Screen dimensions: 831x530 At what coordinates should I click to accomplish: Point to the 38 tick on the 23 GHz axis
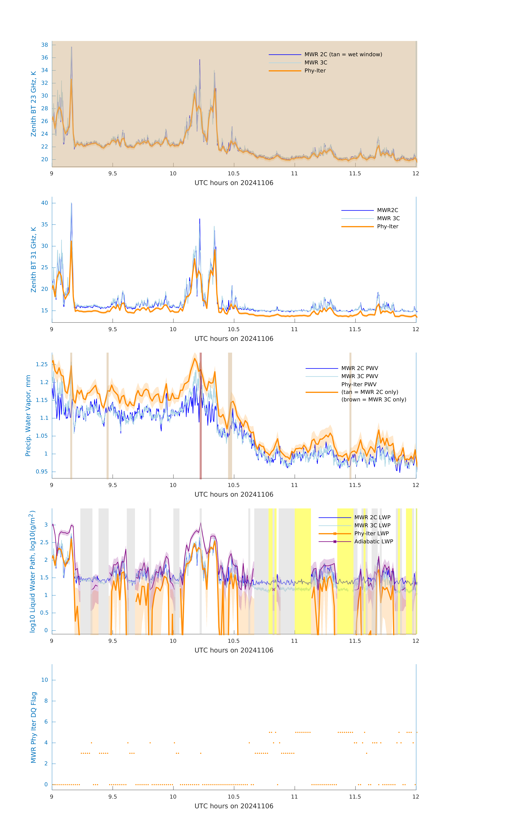[44, 45]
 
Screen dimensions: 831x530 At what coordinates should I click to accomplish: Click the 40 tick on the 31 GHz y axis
[44, 203]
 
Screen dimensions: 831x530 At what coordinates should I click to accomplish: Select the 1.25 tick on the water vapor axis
[42, 364]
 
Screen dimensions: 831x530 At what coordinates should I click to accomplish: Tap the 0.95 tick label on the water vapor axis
[42, 472]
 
